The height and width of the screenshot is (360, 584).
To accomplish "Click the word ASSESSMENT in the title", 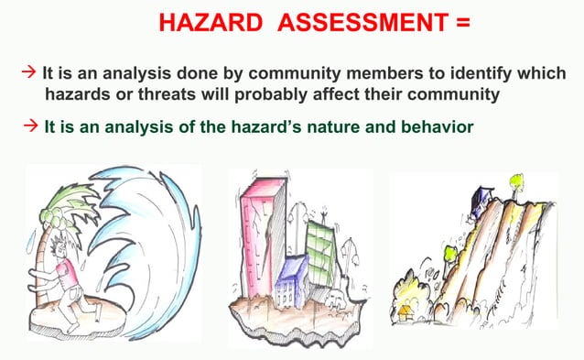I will click(351, 22).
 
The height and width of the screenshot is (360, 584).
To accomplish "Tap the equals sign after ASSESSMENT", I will click(460, 22).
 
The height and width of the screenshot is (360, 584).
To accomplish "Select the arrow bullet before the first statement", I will click(27, 72).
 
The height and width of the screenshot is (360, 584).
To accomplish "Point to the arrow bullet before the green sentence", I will click(29, 125).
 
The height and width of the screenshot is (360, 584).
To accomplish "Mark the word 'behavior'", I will click(436, 126).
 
